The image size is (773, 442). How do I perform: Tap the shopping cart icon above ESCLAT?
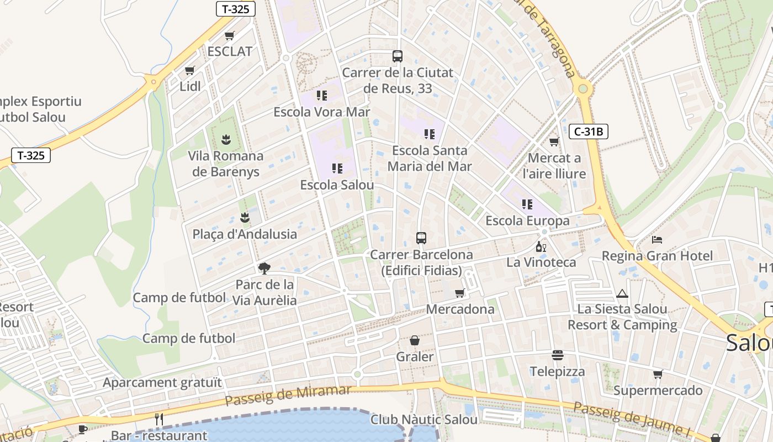pyautogui.click(x=229, y=36)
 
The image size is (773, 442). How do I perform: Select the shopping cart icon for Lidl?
pyautogui.click(x=190, y=71)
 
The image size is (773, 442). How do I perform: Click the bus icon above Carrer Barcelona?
pyautogui.click(x=421, y=238)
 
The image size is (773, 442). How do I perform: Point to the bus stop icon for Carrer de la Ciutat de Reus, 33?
pyautogui.click(x=398, y=56)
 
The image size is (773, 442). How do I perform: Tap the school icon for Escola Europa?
pyautogui.click(x=527, y=204)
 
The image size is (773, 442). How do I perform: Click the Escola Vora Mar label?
pyautogui.click(x=322, y=112)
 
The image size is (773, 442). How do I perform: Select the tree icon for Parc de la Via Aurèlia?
pyautogui.click(x=264, y=269)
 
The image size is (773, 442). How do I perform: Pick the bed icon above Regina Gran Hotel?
pyautogui.click(x=657, y=240)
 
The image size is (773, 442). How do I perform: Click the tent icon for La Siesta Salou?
pyautogui.click(x=622, y=293)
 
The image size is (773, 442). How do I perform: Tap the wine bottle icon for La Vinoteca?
pyautogui.click(x=541, y=246)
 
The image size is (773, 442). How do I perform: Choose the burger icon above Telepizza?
pyautogui.click(x=558, y=355)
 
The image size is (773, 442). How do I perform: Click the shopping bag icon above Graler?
pyautogui.click(x=415, y=340)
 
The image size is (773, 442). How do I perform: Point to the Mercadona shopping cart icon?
pyautogui.click(x=459, y=293)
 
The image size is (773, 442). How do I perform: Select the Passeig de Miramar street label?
pyautogui.click(x=288, y=396)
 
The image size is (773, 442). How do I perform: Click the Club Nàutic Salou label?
pyautogui.click(x=423, y=419)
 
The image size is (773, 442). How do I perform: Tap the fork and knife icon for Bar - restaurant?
pyautogui.click(x=159, y=419)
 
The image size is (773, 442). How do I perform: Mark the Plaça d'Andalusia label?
pyautogui.click(x=245, y=234)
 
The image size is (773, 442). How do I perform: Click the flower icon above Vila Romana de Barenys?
pyautogui.click(x=226, y=139)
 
